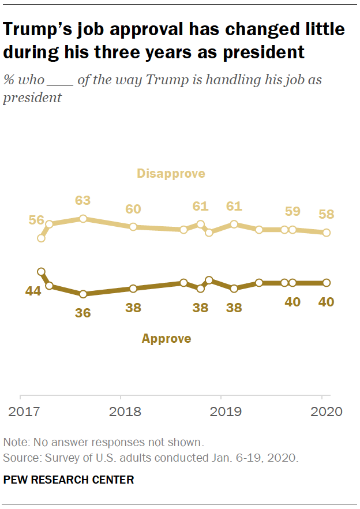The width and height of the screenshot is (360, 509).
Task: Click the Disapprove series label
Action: pyautogui.click(x=171, y=173)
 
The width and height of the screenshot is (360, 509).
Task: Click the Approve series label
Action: pyautogui.click(x=166, y=339)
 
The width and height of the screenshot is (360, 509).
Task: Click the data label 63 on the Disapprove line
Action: pyautogui.click(x=83, y=201)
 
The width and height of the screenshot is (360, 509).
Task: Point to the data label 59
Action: pyautogui.click(x=292, y=211)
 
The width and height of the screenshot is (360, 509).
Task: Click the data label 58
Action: pyautogui.click(x=327, y=215)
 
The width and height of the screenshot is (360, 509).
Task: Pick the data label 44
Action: pyautogui.click(x=33, y=292)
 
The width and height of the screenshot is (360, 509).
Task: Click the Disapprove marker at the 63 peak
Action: pyautogui.click(x=83, y=219)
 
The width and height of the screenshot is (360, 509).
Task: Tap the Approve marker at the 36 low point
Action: pyautogui.click(x=83, y=294)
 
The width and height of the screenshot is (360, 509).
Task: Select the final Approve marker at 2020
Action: pyautogui.click(x=327, y=283)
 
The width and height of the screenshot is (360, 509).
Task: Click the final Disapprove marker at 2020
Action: pyautogui.click(x=327, y=233)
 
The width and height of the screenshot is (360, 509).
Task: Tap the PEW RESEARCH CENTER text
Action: pyautogui.click(x=69, y=480)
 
